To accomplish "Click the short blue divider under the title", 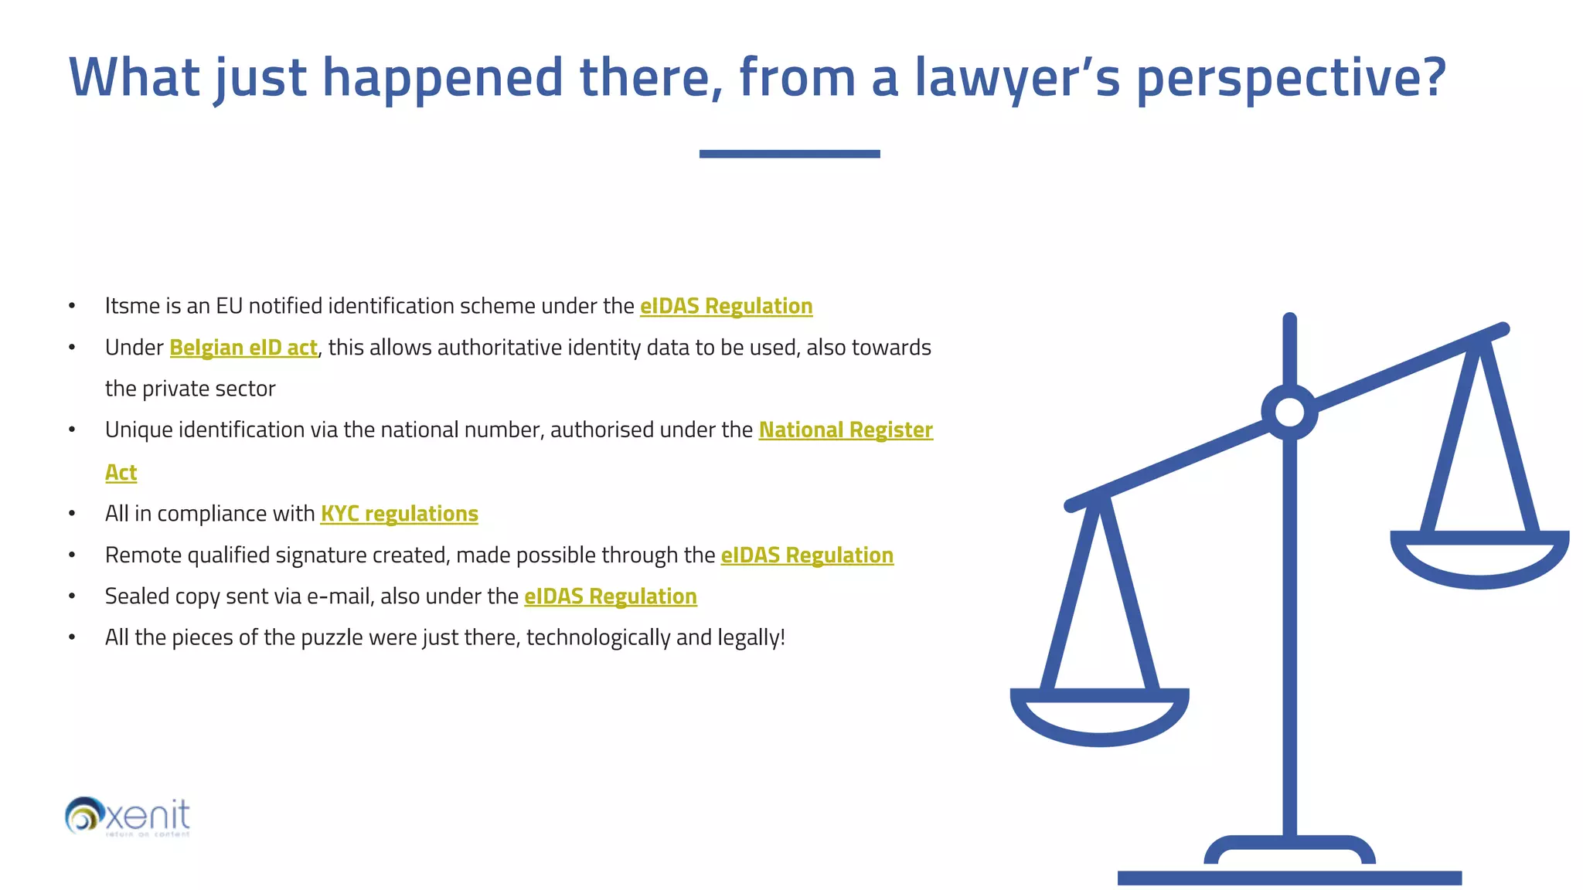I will coord(789,154).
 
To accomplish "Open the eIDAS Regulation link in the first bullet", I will coord(726,306).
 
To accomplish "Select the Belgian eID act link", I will coord(243,348).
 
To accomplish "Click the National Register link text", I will coord(846,430).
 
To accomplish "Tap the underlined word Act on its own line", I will coord(121,472).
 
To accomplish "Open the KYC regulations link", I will coord(399,514).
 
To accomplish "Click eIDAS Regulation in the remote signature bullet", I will coord(807,555).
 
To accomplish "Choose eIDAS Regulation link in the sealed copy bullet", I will coord(611,596).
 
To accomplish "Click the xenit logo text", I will coord(148,815).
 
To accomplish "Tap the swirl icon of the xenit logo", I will coord(83,815).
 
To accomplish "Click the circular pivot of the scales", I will coord(1289,412).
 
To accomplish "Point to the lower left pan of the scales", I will coord(1099,718).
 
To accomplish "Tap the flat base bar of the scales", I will coord(1289,878).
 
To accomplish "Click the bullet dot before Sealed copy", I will coord(72,596).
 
